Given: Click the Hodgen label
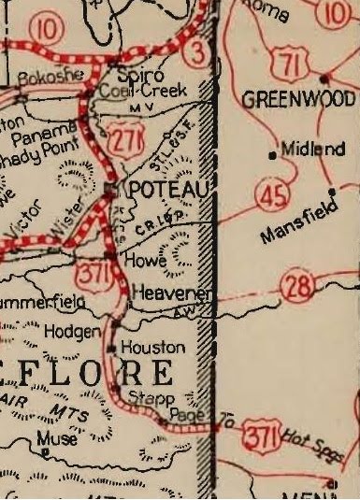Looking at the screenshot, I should pos(76,331).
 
